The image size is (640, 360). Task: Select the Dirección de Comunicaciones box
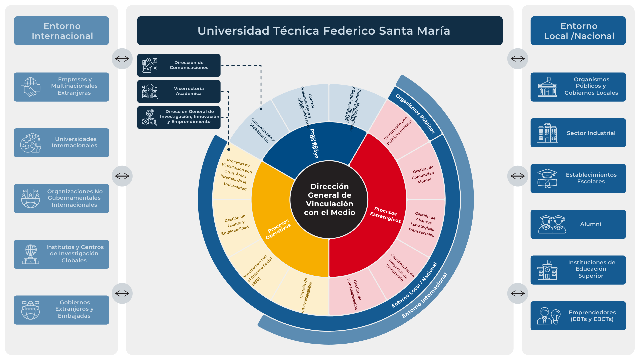coord(179,65)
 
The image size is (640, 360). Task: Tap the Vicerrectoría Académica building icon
coord(150,91)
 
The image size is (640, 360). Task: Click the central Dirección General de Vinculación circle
coord(329,199)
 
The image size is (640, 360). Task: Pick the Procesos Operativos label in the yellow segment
coord(278,229)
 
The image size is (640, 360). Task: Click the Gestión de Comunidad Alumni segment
coord(423,175)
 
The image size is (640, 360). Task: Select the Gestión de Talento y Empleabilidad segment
coord(235,225)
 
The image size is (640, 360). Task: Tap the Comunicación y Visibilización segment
coord(262,130)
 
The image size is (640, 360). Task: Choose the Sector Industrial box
coord(578,133)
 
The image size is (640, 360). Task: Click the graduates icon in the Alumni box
coord(552,224)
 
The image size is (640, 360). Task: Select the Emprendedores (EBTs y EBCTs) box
coord(578,316)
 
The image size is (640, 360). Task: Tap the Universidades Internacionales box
coord(61,143)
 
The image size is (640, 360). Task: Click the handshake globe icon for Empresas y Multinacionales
coord(30,87)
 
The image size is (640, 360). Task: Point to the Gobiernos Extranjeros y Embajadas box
coord(61,310)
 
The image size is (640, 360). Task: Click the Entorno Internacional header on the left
coord(61,31)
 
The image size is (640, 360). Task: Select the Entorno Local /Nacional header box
coord(578,31)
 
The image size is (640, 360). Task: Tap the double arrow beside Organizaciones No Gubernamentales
coord(122,176)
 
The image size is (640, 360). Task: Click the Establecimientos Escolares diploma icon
coord(547,179)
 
